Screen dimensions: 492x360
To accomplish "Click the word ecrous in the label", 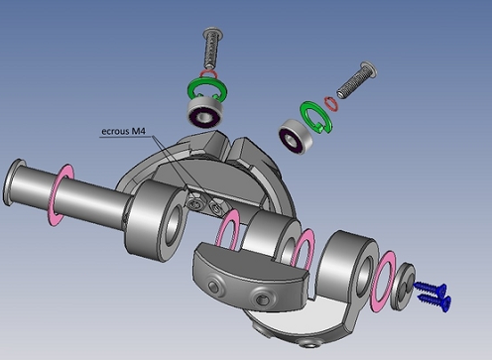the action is pyautogui.click(x=115, y=131).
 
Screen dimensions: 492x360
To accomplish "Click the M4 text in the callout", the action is pyautogui.click(x=138, y=131).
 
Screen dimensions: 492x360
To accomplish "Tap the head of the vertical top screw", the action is pyautogui.click(x=213, y=33).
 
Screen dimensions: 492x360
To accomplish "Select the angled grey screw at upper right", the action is pyautogui.click(x=357, y=80).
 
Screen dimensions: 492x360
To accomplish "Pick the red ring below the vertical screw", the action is pyautogui.click(x=208, y=74).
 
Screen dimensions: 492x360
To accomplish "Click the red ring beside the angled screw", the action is pyautogui.click(x=331, y=104).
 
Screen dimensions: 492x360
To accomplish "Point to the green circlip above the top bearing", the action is pyautogui.click(x=206, y=88).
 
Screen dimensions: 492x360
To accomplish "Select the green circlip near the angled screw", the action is pyautogui.click(x=315, y=117).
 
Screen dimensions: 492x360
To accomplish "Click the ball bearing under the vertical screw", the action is pyautogui.click(x=204, y=112).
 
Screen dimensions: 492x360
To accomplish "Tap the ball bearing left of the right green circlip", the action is pyautogui.click(x=296, y=136).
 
